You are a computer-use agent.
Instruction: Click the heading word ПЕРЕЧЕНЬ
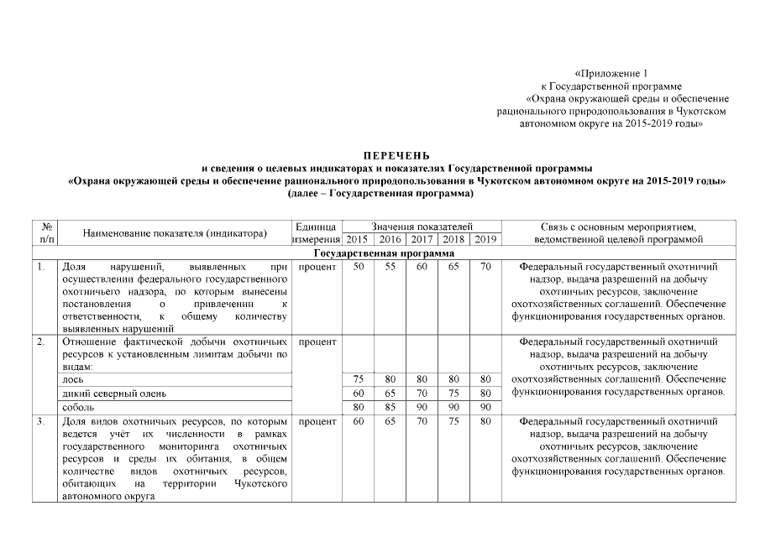pyautogui.click(x=396, y=156)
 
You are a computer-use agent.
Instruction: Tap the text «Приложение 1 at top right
pyautogui.click(x=611, y=74)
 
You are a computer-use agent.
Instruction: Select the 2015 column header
pyautogui.click(x=358, y=240)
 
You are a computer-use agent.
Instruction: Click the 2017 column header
pyautogui.click(x=422, y=240)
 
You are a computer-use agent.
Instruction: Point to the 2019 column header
pyautogui.click(x=485, y=240)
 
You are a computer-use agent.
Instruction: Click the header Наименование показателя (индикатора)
pyautogui.click(x=175, y=233)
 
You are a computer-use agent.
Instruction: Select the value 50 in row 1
pyautogui.click(x=358, y=267)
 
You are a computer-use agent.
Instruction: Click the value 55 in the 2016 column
pyautogui.click(x=390, y=267)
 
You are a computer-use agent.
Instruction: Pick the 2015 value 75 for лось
pyautogui.click(x=358, y=379)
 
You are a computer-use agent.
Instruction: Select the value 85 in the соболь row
pyautogui.click(x=390, y=407)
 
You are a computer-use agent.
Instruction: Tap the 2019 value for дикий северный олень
pyautogui.click(x=485, y=393)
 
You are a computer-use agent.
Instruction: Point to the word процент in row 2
pyautogui.click(x=317, y=342)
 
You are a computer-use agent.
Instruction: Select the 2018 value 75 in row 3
pyautogui.click(x=453, y=420)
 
